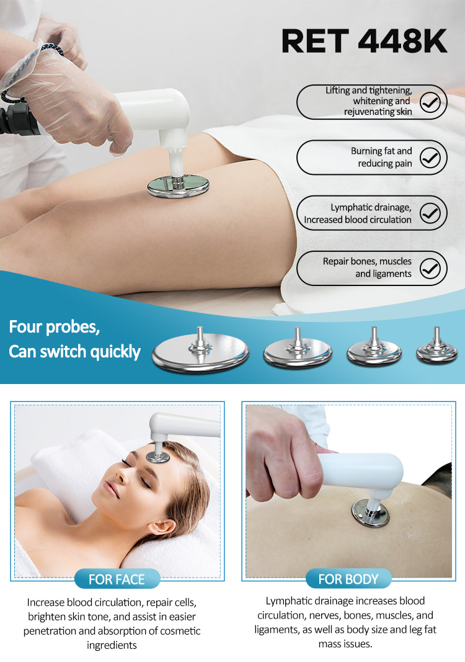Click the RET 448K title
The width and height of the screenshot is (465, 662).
(x=364, y=42)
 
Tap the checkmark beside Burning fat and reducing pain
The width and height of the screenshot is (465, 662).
(x=430, y=158)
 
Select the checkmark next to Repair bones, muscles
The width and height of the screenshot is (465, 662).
(x=430, y=269)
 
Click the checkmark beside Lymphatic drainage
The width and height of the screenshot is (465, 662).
(x=430, y=213)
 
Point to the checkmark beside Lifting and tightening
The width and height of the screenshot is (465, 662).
(x=430, y=102)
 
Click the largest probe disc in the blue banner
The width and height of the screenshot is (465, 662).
(x=200, y=351)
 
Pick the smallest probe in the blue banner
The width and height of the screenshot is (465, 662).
(x=436, y=347)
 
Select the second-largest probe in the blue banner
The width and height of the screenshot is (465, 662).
(x=298, y=348)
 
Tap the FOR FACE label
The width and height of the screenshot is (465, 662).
(x=117, y=579)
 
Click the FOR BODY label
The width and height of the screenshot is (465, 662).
(x=348, y=579)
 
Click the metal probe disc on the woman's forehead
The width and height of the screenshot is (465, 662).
(x=158, y=457)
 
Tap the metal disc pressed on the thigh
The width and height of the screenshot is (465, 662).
(x=178, y=187)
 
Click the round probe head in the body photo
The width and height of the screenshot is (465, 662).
(x=370, y=513)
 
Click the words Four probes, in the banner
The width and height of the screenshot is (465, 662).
(x=55, y=327)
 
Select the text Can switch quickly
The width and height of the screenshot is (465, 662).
(x=74, y=352)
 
